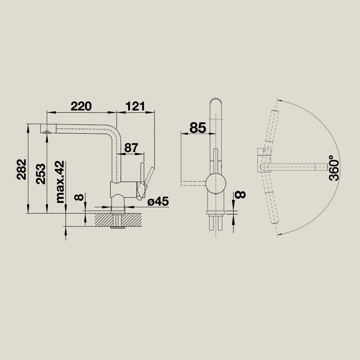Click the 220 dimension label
[x=81, y=106]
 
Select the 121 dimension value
[x=135, y=106]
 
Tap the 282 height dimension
[x=22, y=169]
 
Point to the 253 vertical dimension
[x=40, y=174]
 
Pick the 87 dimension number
[x=131, y=148]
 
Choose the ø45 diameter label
[x=158, y=201]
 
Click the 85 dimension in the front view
[x=198, y=128]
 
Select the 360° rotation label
[x=334, y=168]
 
